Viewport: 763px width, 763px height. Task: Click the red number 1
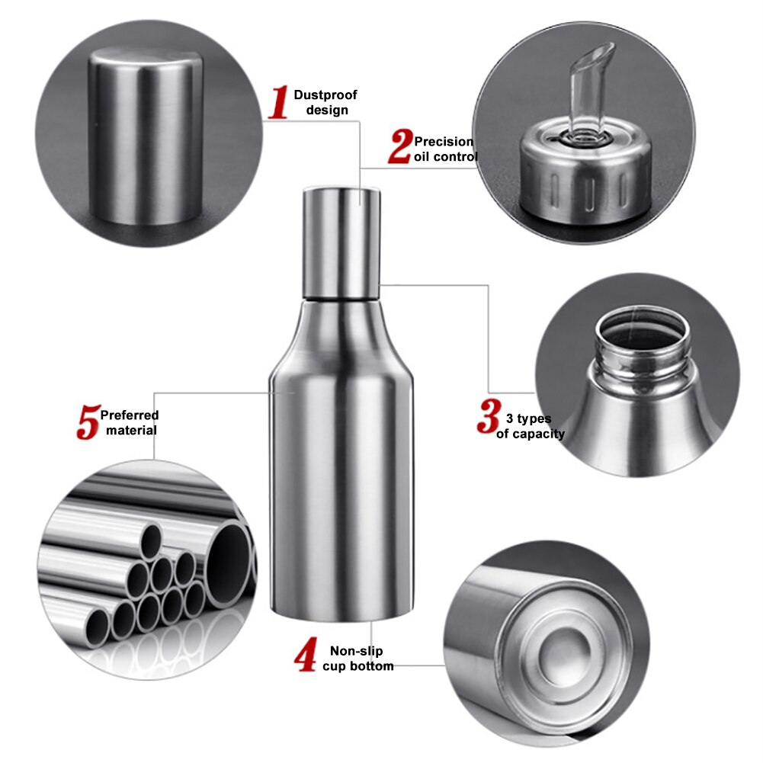[x=278, y=103]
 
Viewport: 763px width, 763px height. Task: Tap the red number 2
[x=399, y=146]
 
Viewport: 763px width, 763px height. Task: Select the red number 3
[x=487, y=416]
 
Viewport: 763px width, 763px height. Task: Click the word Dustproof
[x=325, y=95]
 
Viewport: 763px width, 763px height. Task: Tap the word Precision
[x=444, y=142]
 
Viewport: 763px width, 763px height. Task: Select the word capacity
[x=539, y=434]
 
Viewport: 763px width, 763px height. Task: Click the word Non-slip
[x=356, y=651]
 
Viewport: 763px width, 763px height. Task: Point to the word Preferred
[x=130, y=415]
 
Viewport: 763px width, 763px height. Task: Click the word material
[x=131, y=431]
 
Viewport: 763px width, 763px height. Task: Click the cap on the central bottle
[x=341, y=242]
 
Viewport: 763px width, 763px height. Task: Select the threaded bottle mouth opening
[x=642, y=335]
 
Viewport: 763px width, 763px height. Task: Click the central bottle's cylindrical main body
[x=341, y=495]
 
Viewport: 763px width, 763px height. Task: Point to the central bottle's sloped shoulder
[x=341, y=335]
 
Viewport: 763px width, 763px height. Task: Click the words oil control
[x=446, y=157]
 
